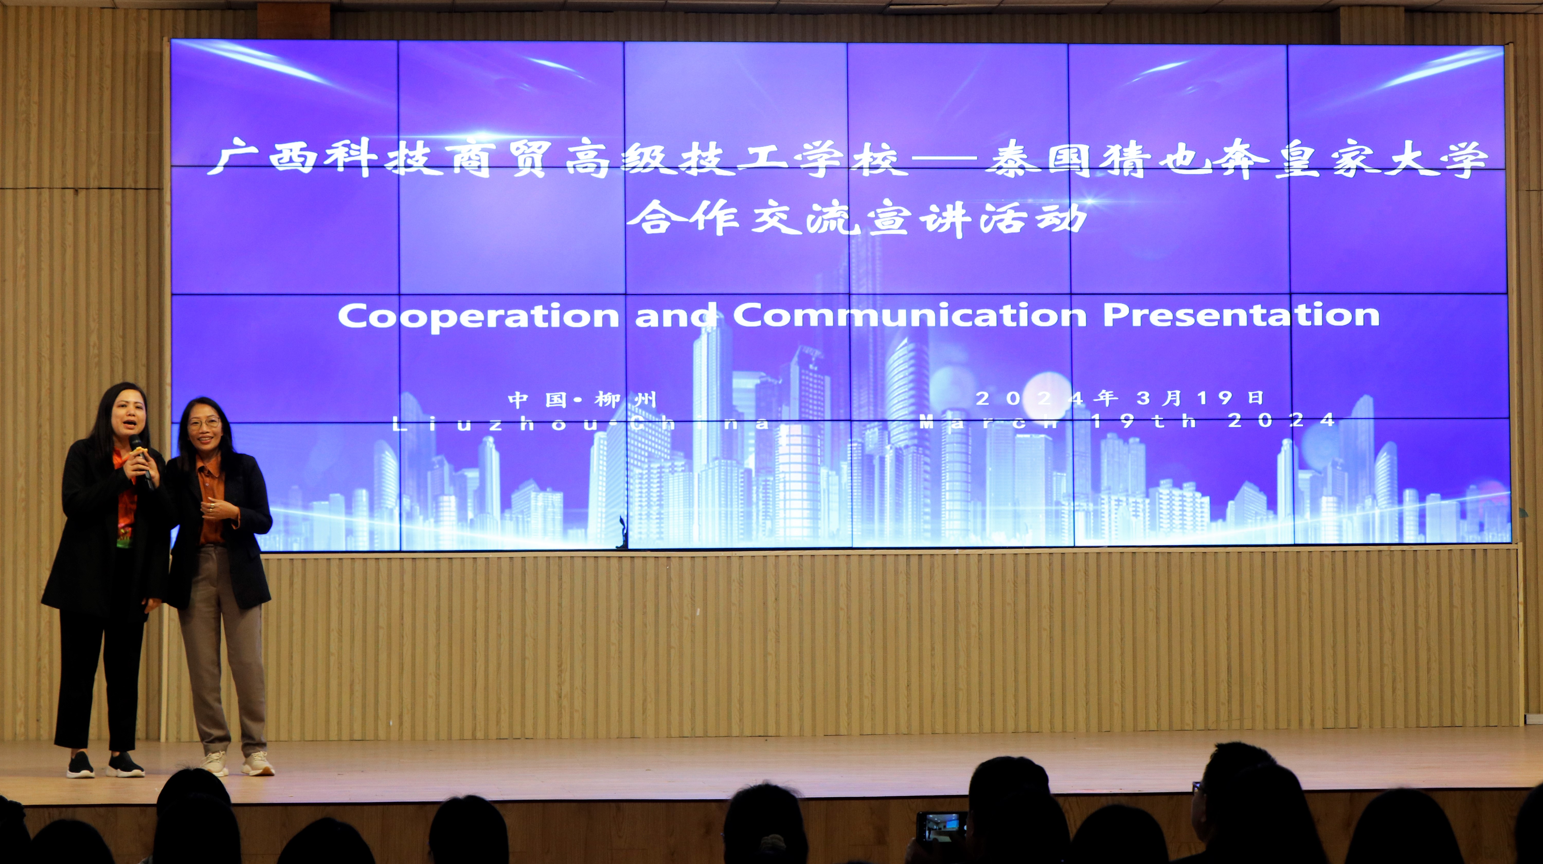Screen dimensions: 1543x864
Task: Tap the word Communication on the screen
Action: pyautogui.click(x=909, y=314)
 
